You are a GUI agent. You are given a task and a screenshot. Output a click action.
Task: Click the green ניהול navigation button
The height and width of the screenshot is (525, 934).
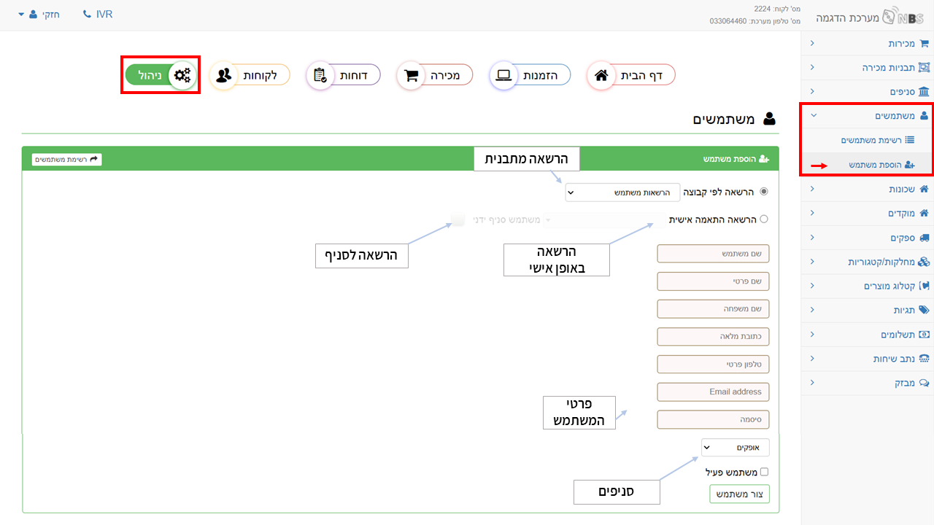click(161, 75)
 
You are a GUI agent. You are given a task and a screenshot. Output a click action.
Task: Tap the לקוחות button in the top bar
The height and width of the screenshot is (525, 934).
click(250, 75)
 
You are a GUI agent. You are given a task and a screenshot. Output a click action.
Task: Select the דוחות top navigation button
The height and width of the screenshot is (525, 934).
click(343, 75)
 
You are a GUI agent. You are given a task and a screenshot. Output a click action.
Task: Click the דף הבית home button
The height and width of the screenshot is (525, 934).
click(631, 75)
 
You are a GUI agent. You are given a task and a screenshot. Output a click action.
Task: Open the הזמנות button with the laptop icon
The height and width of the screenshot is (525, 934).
click(530, 75)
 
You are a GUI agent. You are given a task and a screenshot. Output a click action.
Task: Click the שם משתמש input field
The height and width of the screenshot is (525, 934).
click(713, 254)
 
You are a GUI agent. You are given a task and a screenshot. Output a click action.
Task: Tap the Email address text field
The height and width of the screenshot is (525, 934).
click(713, 392)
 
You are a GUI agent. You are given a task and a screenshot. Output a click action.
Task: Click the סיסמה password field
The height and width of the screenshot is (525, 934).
click(713, 419)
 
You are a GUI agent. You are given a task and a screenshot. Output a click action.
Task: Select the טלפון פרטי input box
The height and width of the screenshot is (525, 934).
click(713, 364)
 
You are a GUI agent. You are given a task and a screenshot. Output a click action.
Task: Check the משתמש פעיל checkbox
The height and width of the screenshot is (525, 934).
click(764, 472)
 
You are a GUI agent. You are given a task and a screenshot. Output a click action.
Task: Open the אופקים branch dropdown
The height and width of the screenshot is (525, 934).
click(735, 448)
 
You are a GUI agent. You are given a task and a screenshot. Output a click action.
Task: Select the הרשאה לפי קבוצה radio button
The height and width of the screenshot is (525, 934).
click(764, 192)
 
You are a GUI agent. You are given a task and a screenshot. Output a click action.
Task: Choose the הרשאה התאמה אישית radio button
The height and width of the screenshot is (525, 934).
click(764, 219)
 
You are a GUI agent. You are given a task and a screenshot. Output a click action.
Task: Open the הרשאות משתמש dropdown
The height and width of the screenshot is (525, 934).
click(622, 192)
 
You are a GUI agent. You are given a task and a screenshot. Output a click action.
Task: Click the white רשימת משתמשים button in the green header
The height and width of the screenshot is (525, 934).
click(66, 159)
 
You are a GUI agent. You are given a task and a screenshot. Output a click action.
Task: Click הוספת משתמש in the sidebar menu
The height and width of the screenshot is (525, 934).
click(881, 165)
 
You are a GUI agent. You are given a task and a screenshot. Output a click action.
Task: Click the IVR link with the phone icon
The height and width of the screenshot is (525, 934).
click(98, 14)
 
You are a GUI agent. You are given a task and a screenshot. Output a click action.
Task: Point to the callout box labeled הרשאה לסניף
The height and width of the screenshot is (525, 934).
click(361, 256)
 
